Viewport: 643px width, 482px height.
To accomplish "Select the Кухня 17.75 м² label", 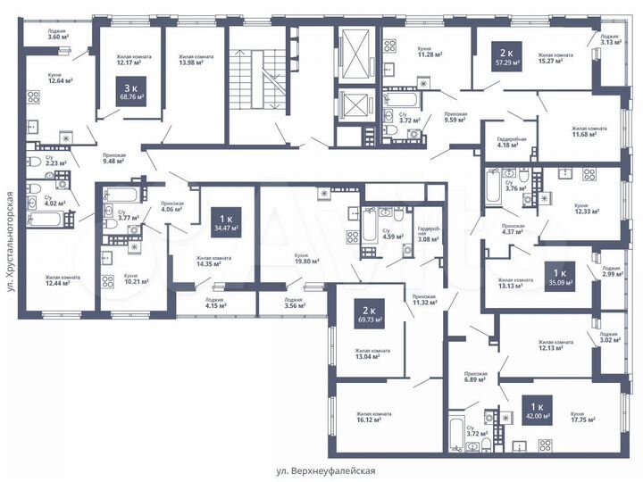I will [585, 418].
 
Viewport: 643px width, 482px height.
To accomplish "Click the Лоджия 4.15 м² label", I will [214, 304].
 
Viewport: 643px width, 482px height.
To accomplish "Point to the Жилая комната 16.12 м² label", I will [375, 418].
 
